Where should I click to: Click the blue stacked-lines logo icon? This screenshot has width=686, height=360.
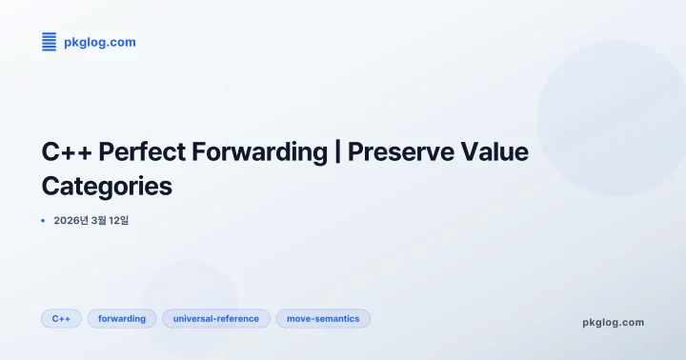(50, 41)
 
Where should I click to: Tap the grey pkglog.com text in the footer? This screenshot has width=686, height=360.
(613, 322)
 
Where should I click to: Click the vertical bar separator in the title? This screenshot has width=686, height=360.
(337, 152)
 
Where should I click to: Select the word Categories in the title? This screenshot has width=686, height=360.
(107, 186)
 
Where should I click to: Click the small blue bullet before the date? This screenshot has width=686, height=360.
(43, 221)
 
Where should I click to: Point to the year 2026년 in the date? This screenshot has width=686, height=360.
(71, 221)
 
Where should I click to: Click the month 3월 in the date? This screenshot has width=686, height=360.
(105, 221)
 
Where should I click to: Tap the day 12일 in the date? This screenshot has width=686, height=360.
(131, 221)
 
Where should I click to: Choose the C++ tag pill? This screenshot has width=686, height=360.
(61, 319)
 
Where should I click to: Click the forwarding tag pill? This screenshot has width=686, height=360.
(122, 319)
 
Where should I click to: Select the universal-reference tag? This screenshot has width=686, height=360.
(216, 319)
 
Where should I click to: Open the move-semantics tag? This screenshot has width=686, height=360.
(323, 319)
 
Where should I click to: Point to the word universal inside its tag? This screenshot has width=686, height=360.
(194, 319)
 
